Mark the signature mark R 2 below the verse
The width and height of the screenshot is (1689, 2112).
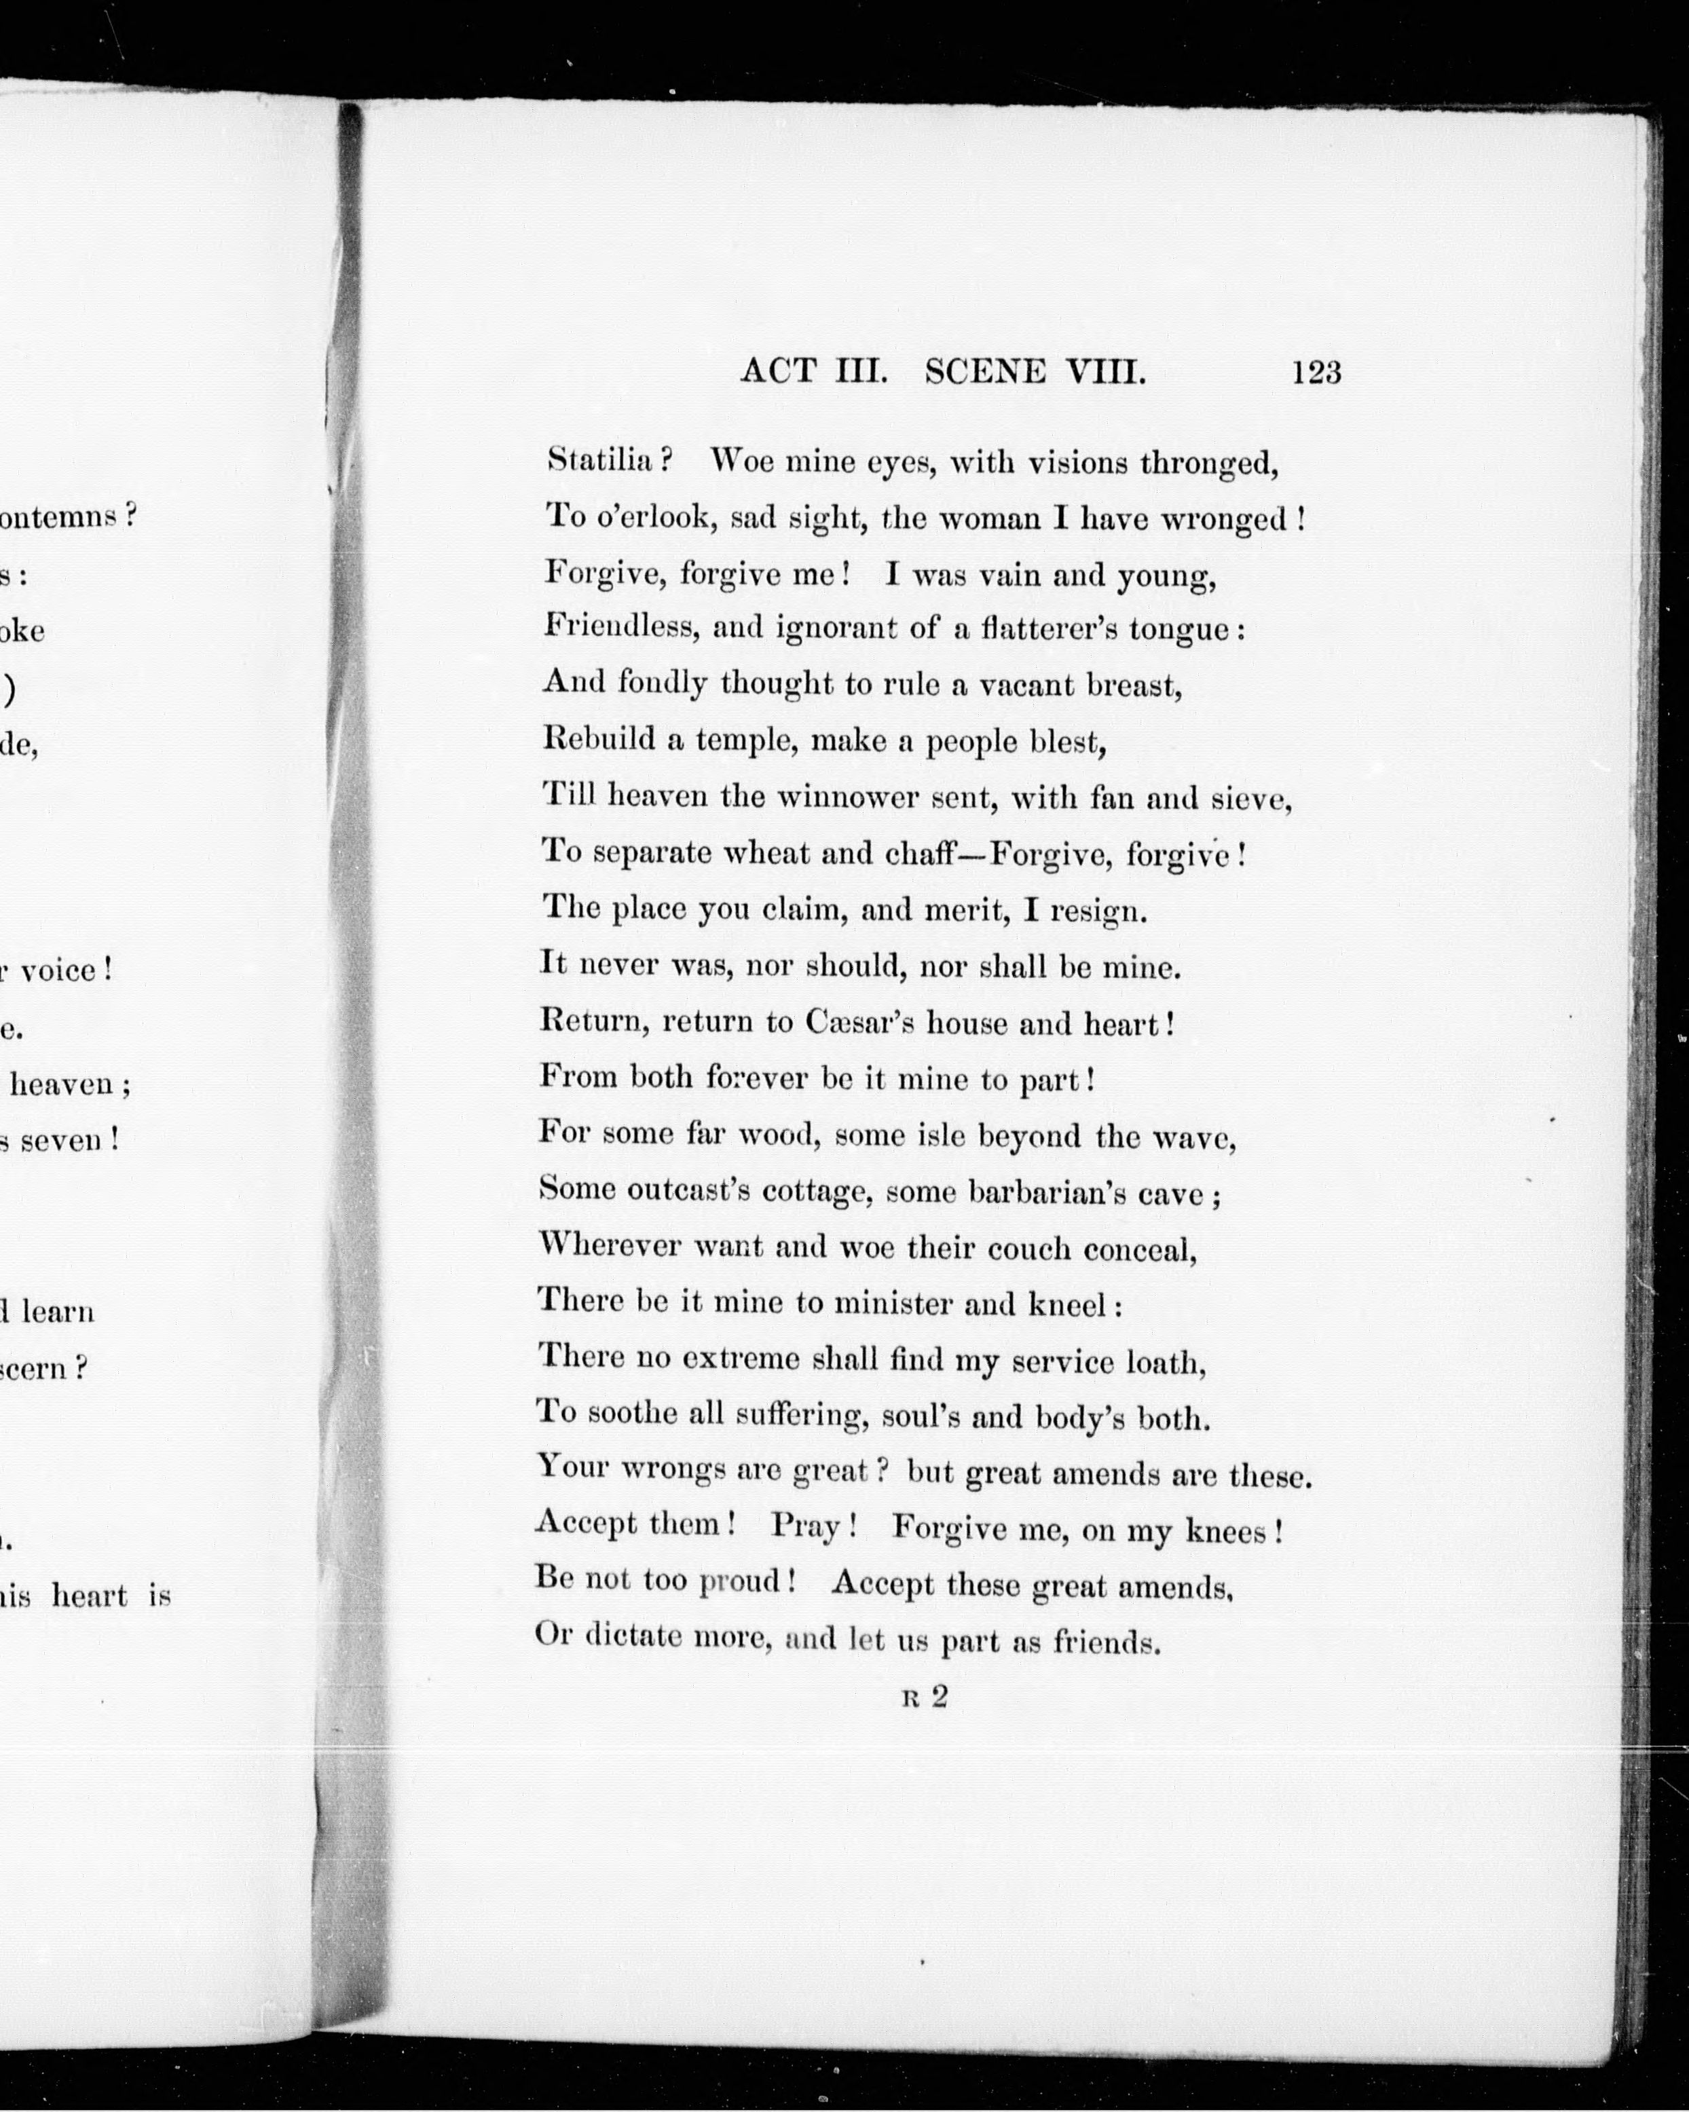coord(925,1697)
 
